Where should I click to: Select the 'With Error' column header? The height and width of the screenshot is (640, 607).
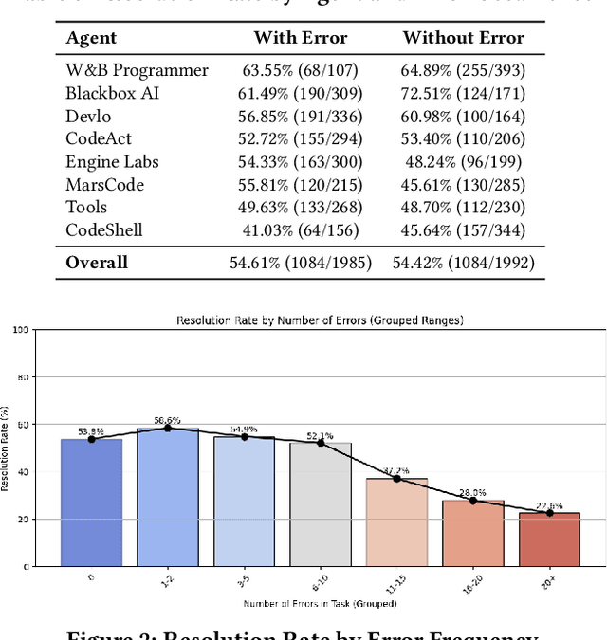tap(300, 38)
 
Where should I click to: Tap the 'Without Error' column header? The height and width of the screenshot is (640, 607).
tap(462, 38)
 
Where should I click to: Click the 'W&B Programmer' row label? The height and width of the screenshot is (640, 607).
tap(137, 70)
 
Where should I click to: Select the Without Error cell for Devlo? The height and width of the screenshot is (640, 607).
tap(462, 116)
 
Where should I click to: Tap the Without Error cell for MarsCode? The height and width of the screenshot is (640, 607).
tap(462, 184)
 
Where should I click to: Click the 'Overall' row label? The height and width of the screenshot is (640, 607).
tap(96, 262)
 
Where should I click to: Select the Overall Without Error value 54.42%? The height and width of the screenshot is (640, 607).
tap(462, 262)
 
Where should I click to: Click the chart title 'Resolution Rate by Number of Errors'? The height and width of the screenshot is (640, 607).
tap(320, 320)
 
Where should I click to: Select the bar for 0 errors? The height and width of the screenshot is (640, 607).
tap(91, 503)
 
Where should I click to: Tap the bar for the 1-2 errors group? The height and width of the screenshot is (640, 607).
tap(168, 498)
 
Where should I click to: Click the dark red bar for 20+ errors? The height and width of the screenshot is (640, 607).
tap(548, 540)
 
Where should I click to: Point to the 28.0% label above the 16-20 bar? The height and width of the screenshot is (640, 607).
tap(472, 493)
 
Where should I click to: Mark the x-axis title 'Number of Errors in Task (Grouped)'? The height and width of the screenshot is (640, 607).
tap(320, 603)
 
